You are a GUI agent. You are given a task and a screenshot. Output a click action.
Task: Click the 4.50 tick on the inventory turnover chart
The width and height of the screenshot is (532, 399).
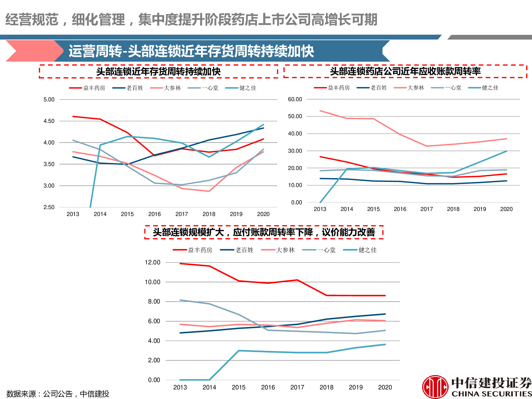click(x=49, y=121)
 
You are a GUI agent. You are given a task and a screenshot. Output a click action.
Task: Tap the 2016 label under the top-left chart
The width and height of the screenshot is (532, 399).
click(x=154, y=214)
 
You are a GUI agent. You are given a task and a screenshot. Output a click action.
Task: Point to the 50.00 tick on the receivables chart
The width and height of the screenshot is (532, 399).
click(x=295, y=116)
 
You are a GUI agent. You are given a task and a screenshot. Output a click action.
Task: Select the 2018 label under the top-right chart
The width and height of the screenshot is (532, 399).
click(x=453, y=209)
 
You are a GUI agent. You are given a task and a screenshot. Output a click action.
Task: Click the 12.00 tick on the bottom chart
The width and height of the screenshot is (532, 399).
click(x=152, y=262)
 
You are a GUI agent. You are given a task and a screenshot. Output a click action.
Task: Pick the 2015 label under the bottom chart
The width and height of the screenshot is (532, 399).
click(x=239, y=387)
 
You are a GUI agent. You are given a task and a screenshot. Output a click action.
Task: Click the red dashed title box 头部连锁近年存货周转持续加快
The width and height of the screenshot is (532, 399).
click(x=158, y=71)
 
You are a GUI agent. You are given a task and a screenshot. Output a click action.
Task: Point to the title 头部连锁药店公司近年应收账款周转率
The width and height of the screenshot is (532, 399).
click(x=405, y=71)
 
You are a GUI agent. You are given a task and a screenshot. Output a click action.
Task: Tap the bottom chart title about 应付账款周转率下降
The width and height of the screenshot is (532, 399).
click(x=264, y=232)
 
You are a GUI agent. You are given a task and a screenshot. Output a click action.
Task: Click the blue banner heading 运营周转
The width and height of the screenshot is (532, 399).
click(x=192, y=51)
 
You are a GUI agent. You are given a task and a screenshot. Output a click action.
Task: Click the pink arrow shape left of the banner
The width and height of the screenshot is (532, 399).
click(x=32, y=51)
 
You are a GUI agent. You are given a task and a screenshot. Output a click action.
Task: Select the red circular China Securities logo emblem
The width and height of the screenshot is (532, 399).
click(x=435, y=387)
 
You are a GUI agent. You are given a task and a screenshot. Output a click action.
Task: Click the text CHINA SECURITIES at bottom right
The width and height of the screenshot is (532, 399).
click(x=491, y=394)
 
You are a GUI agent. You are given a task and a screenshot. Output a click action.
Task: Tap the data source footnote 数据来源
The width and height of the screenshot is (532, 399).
click(x=58, y=394)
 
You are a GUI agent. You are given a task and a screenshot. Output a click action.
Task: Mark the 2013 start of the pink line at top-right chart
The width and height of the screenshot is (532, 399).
click(x=320, y=111)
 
